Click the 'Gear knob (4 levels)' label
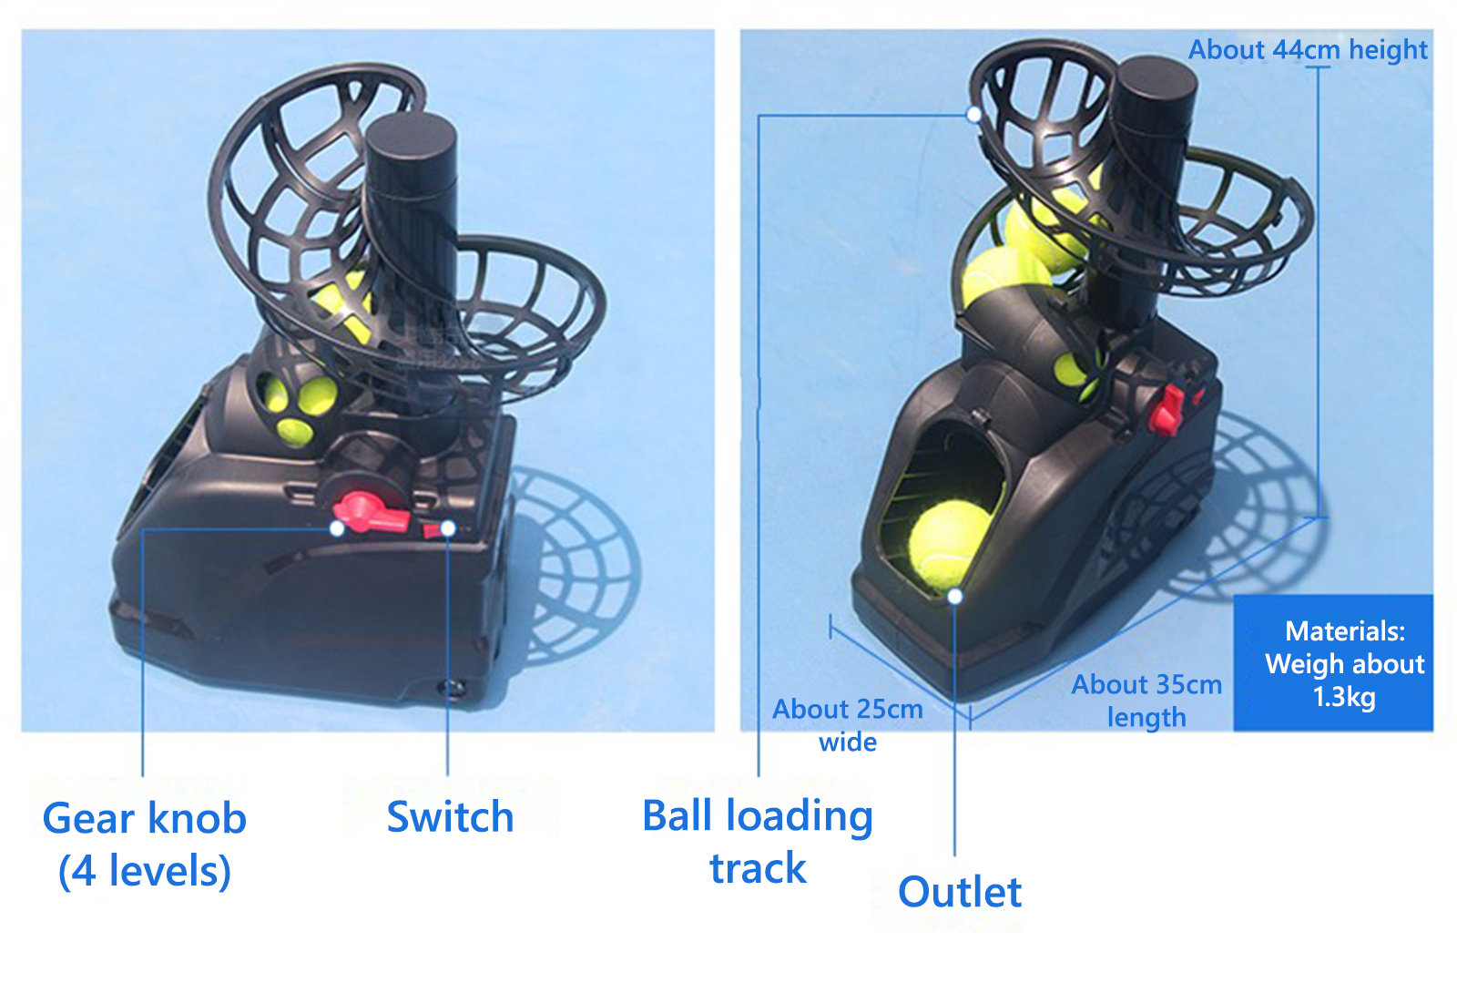145,844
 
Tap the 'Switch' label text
450,817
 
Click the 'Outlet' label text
960,892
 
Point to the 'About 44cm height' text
1308,50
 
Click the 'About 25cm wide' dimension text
848,725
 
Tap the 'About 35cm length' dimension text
1146,701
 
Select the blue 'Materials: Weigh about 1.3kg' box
1333,663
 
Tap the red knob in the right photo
1167,410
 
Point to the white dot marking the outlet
955,597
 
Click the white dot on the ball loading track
973,115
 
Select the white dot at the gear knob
337,529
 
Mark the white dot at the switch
448,529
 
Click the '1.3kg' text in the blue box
1344,698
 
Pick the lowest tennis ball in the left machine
295,431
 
